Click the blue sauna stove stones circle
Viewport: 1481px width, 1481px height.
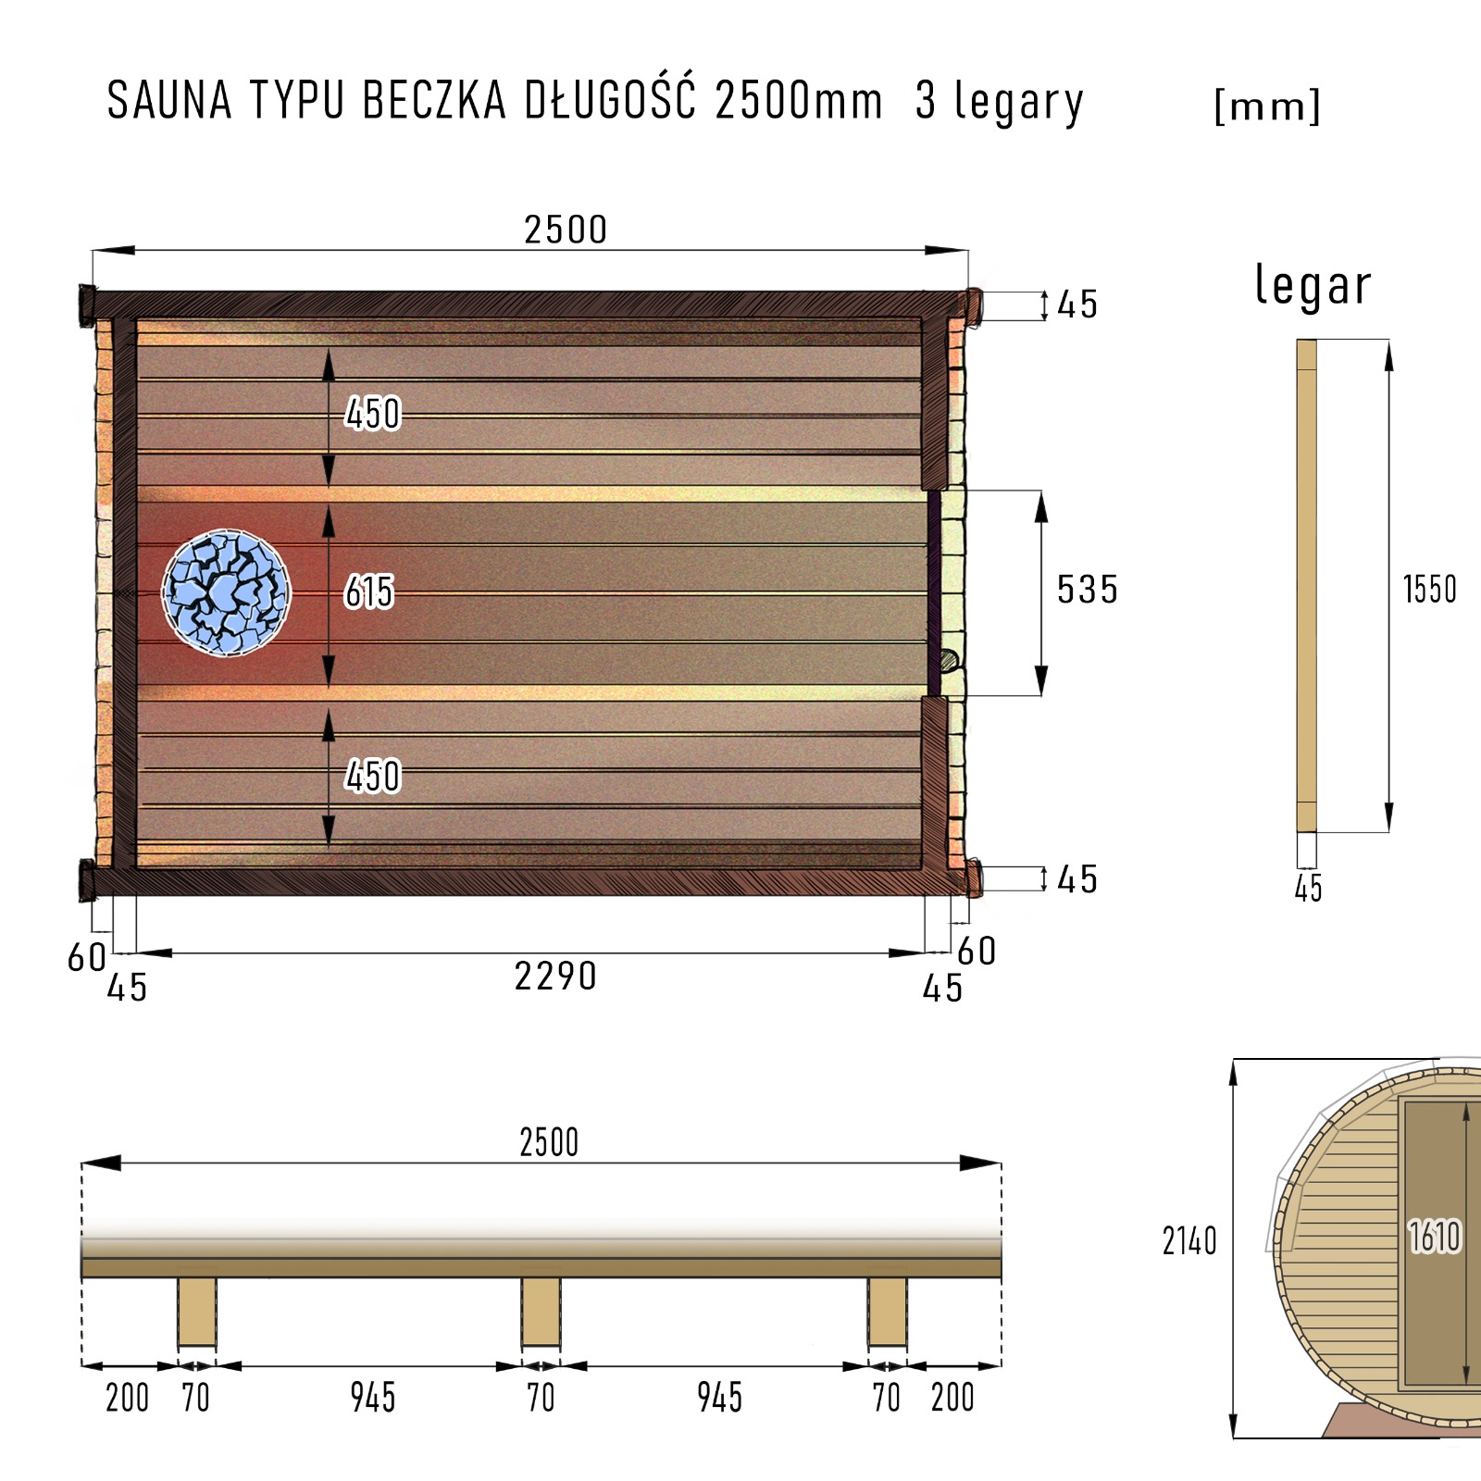pos(226,592)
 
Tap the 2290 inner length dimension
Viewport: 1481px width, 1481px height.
pos(555,977)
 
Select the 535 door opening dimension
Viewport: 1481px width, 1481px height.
pos(1088,590)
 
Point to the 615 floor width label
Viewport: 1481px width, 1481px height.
pos(369,592)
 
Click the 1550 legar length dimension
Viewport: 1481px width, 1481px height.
pos(1430,590)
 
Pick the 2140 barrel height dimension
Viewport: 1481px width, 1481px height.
pos(1189,1241)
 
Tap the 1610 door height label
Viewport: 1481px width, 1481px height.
pos(1435,1237)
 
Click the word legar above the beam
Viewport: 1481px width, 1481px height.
pos(1313,285)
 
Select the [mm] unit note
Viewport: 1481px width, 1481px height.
pos(1267,106)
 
